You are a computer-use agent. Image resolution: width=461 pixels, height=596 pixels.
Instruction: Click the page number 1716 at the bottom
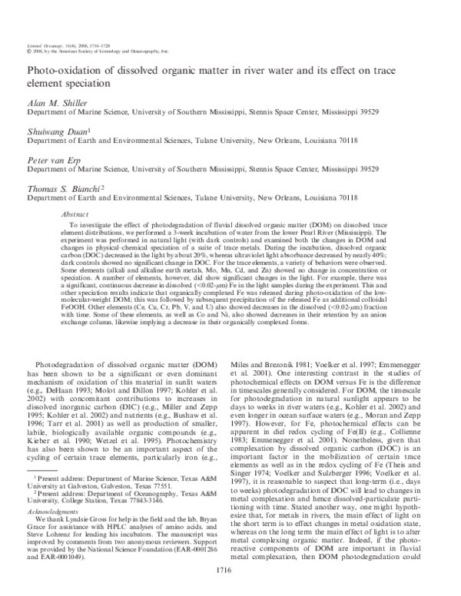coord(230,569)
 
